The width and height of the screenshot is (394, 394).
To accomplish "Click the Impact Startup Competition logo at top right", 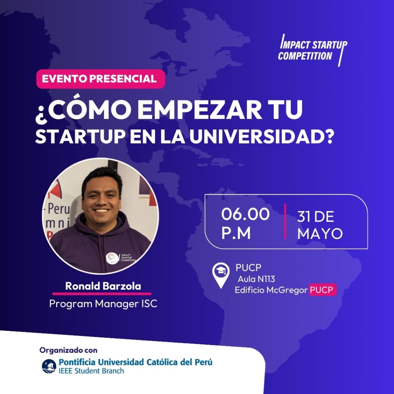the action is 312,50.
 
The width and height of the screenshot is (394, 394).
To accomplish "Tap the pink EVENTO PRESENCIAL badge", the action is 100,79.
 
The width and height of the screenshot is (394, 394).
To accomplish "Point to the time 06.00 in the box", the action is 245,214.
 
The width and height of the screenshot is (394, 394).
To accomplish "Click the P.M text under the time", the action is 236,233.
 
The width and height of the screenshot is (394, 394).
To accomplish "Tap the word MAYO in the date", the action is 320,234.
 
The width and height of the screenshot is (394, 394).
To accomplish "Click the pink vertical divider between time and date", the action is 285,221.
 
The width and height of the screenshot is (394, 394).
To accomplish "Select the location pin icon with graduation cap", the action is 221,275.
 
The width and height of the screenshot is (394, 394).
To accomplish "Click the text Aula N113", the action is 256,279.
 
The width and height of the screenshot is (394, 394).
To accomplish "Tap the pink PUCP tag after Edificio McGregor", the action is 323,290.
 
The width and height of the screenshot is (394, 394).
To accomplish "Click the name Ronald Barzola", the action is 103,286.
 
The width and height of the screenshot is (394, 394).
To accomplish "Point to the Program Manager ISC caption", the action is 103,304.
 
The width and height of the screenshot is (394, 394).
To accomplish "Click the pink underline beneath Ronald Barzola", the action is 102,294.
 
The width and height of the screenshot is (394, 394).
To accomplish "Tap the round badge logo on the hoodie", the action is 112,258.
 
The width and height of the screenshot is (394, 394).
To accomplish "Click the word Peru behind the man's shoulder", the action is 58,209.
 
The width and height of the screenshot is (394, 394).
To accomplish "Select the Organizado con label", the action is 68,350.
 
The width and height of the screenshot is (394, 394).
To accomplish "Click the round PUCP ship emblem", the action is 49,366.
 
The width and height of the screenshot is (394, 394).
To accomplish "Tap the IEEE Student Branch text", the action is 91,371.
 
